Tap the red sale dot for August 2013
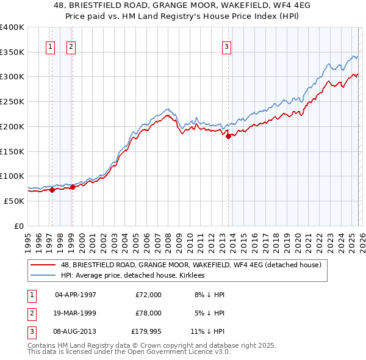[x=229, y=136]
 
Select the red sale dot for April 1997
[x=52, y=190]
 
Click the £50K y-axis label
[x=13, y=201]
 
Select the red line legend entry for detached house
[x=195, y=264]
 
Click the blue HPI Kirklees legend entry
[x=135, y=275]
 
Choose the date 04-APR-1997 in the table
[x=75, y=295]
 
